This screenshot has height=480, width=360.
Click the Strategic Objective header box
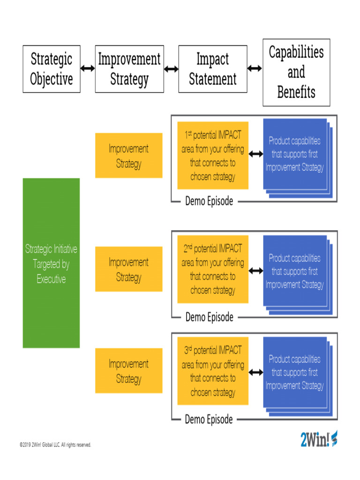52,69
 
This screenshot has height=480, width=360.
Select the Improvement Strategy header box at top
129,69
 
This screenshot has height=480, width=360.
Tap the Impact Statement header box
213,69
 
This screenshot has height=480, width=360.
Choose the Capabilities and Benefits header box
296,72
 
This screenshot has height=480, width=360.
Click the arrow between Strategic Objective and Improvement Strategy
88,68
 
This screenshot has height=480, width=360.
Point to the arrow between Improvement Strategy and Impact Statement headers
171,69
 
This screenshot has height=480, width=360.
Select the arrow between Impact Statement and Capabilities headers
255,68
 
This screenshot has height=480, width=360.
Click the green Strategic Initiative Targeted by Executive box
52,263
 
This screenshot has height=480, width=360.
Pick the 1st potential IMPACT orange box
213,156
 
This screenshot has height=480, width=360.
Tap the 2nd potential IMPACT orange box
213,270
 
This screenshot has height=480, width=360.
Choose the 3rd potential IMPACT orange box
213,371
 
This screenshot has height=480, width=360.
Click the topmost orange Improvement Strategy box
129,156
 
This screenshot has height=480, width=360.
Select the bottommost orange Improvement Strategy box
129,371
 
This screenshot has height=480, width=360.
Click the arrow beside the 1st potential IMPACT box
256,154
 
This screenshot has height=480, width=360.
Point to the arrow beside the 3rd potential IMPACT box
256,372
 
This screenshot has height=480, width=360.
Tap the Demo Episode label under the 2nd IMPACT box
209,317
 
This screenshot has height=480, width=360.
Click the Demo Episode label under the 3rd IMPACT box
209,420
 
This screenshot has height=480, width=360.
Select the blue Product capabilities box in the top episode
295,154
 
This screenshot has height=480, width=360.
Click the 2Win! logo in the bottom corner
318,439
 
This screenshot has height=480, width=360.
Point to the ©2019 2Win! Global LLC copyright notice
55,445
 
